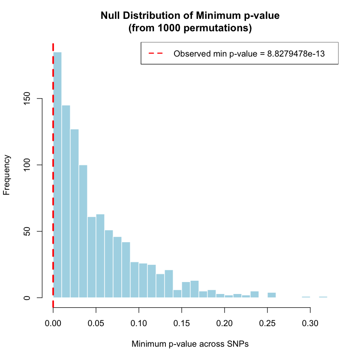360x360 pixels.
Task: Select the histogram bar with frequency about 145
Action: pyautogui.click(x=66, y=201)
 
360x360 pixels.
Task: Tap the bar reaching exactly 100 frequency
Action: pyautogui.click(x=83, y=231)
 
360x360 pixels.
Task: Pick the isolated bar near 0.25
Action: pyautogui.click(x=272, y=295)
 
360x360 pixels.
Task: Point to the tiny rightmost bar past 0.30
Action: pyautogui.click(x=323, y=297)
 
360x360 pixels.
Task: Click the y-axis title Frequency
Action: pyautogui.click(x=6, y=175)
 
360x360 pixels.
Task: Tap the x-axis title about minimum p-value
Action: pyautogui.click(x=190, y=344)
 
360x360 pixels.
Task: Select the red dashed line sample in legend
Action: pyautogui.click(x=156, y=54)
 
